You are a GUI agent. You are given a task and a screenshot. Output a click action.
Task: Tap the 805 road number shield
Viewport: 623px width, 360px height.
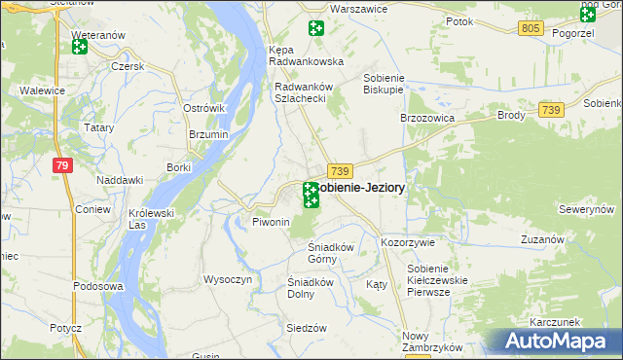click(x=530, y=29)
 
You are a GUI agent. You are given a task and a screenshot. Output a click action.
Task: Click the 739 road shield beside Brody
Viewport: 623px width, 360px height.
click(x=551, y=112)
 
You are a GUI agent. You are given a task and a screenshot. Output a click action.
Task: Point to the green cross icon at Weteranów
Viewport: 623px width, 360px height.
click(x=80, y=46)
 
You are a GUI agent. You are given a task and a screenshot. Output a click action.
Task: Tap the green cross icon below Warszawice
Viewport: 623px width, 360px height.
click(x=315, y=29)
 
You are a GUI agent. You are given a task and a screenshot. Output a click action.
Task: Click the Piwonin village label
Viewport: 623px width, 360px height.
click(x=272, y=223)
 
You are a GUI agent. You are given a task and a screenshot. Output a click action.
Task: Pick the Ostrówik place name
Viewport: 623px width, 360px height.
click(x=204, y=107)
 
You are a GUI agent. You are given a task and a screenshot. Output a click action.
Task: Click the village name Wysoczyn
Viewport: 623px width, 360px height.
click(x=228, y=279)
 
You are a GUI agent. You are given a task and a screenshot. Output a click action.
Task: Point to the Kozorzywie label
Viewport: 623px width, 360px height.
click(x=408, y=241)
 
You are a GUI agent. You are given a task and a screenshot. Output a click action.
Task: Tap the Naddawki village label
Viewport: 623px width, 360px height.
click(x=121, y=180)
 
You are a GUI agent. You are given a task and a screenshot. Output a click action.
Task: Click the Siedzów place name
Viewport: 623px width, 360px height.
click(x=306, y=328)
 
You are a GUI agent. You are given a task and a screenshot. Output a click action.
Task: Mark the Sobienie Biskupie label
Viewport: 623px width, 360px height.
click(x=383, y=85)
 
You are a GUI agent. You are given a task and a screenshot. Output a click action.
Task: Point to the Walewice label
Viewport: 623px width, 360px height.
click(x=42, y=90)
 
